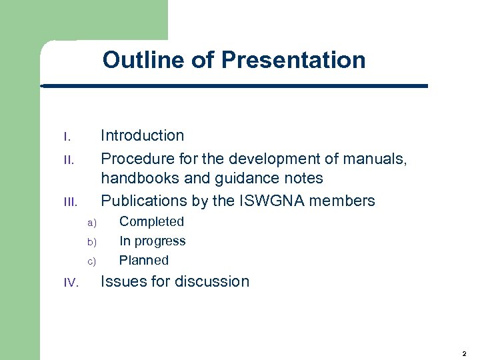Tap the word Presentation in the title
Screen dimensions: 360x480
point(293,60)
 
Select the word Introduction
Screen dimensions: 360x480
point(142,135)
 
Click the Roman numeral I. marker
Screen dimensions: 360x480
point(67,137)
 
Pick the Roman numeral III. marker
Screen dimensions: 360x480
point(70,202)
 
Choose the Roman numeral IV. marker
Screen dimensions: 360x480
point(71,283)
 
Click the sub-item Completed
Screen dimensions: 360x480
point(151,221)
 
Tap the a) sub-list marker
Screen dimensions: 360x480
point(92,223)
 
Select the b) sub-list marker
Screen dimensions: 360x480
point(92,242)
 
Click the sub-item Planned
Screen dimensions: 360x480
point(143,260)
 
